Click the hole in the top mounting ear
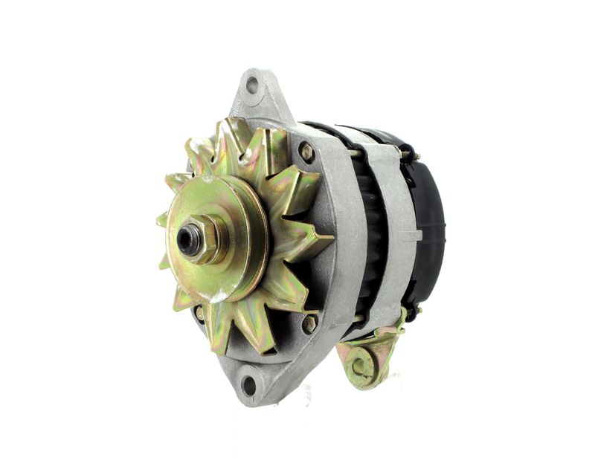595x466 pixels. point(252,85)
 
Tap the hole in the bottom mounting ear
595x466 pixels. point(248,385)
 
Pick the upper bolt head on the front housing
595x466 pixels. point(306,152)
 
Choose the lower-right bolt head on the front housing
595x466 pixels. point(309,323)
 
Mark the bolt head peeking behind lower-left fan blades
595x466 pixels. point(199,313)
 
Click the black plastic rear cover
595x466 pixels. point(428,223)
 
